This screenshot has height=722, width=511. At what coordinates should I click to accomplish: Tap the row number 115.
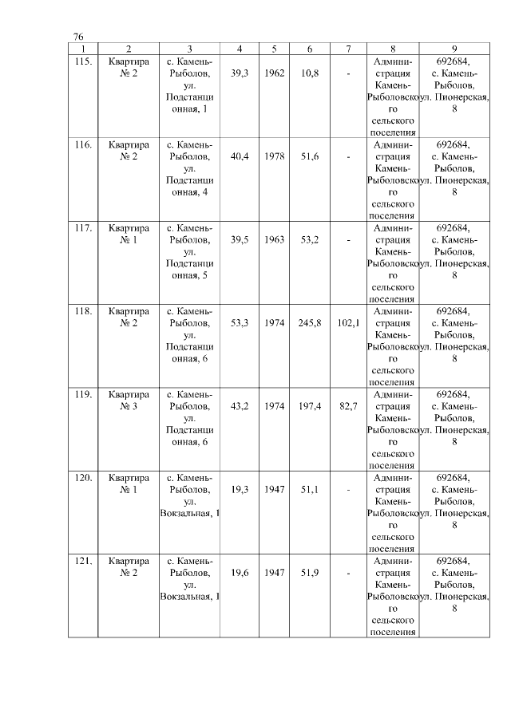click(x=83, y=61)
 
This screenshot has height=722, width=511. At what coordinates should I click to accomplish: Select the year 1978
click(x=274, y=156)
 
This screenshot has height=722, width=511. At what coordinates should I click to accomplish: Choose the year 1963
click(x=274, y=239)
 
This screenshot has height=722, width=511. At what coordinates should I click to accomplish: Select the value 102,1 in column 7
click(x=348, y=323)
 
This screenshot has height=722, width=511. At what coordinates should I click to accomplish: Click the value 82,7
click(x=348, y=406)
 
